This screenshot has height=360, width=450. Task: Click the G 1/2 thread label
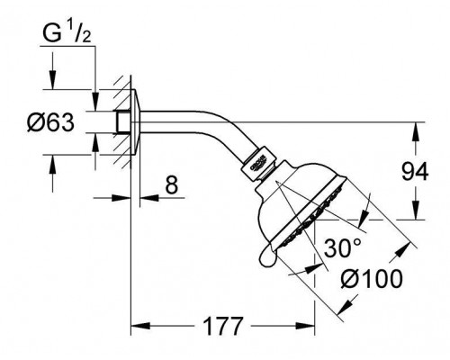click(67, 34)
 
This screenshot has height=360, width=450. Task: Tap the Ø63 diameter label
click(50, 122)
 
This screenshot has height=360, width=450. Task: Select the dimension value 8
click(172, 185)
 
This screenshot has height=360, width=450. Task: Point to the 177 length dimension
click(222, 326)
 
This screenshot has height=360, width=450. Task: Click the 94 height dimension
click(415, 172)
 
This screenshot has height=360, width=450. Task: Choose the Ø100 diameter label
click(372, 279)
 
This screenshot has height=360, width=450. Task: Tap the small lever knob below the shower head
click(267, 256)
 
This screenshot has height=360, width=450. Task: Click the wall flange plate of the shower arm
click(135, 122)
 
